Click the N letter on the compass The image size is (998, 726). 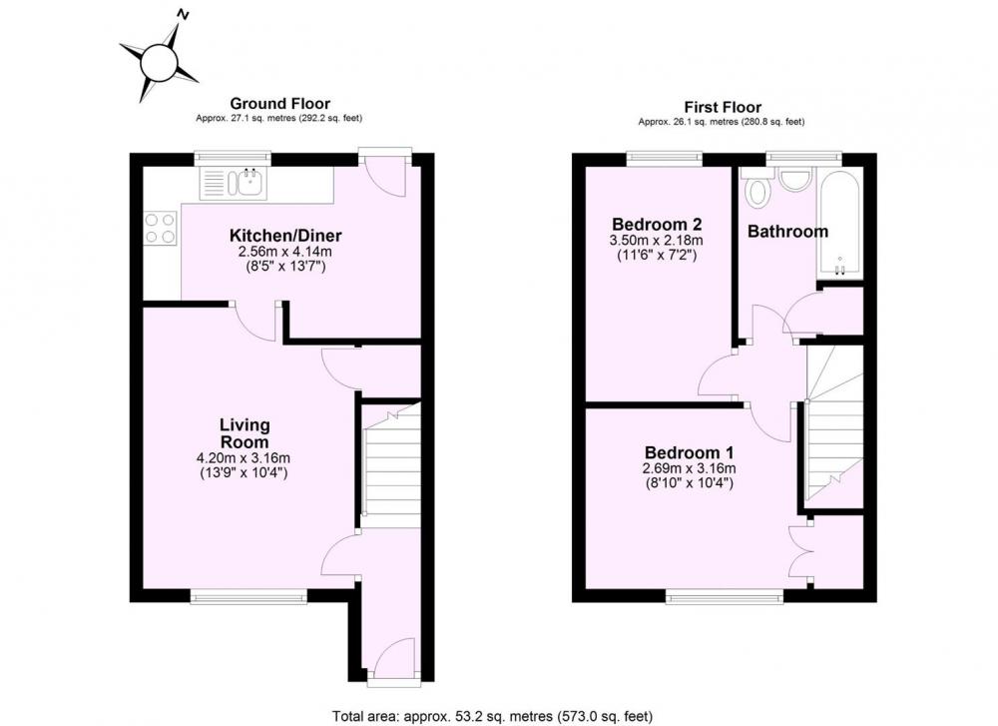(185, 14)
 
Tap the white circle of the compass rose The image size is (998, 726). (159, 63)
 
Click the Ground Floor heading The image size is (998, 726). (280, 103)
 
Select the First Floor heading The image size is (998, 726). (723, 107)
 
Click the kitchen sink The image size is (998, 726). (234, 184)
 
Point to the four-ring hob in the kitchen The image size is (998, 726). (161, 228)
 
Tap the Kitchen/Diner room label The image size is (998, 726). (285, 236)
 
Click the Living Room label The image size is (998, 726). (245, 433)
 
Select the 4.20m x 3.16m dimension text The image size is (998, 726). (244, 458)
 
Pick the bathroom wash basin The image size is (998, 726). (793, 179)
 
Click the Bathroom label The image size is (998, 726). (788, 231)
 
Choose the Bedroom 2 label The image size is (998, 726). (657, 224)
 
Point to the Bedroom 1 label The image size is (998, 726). (690, 452)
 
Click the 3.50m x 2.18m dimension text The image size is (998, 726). (657, 241)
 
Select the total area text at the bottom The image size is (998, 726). (493, 716)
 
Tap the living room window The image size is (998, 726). (249, 596)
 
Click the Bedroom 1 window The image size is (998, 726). (725, 596)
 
